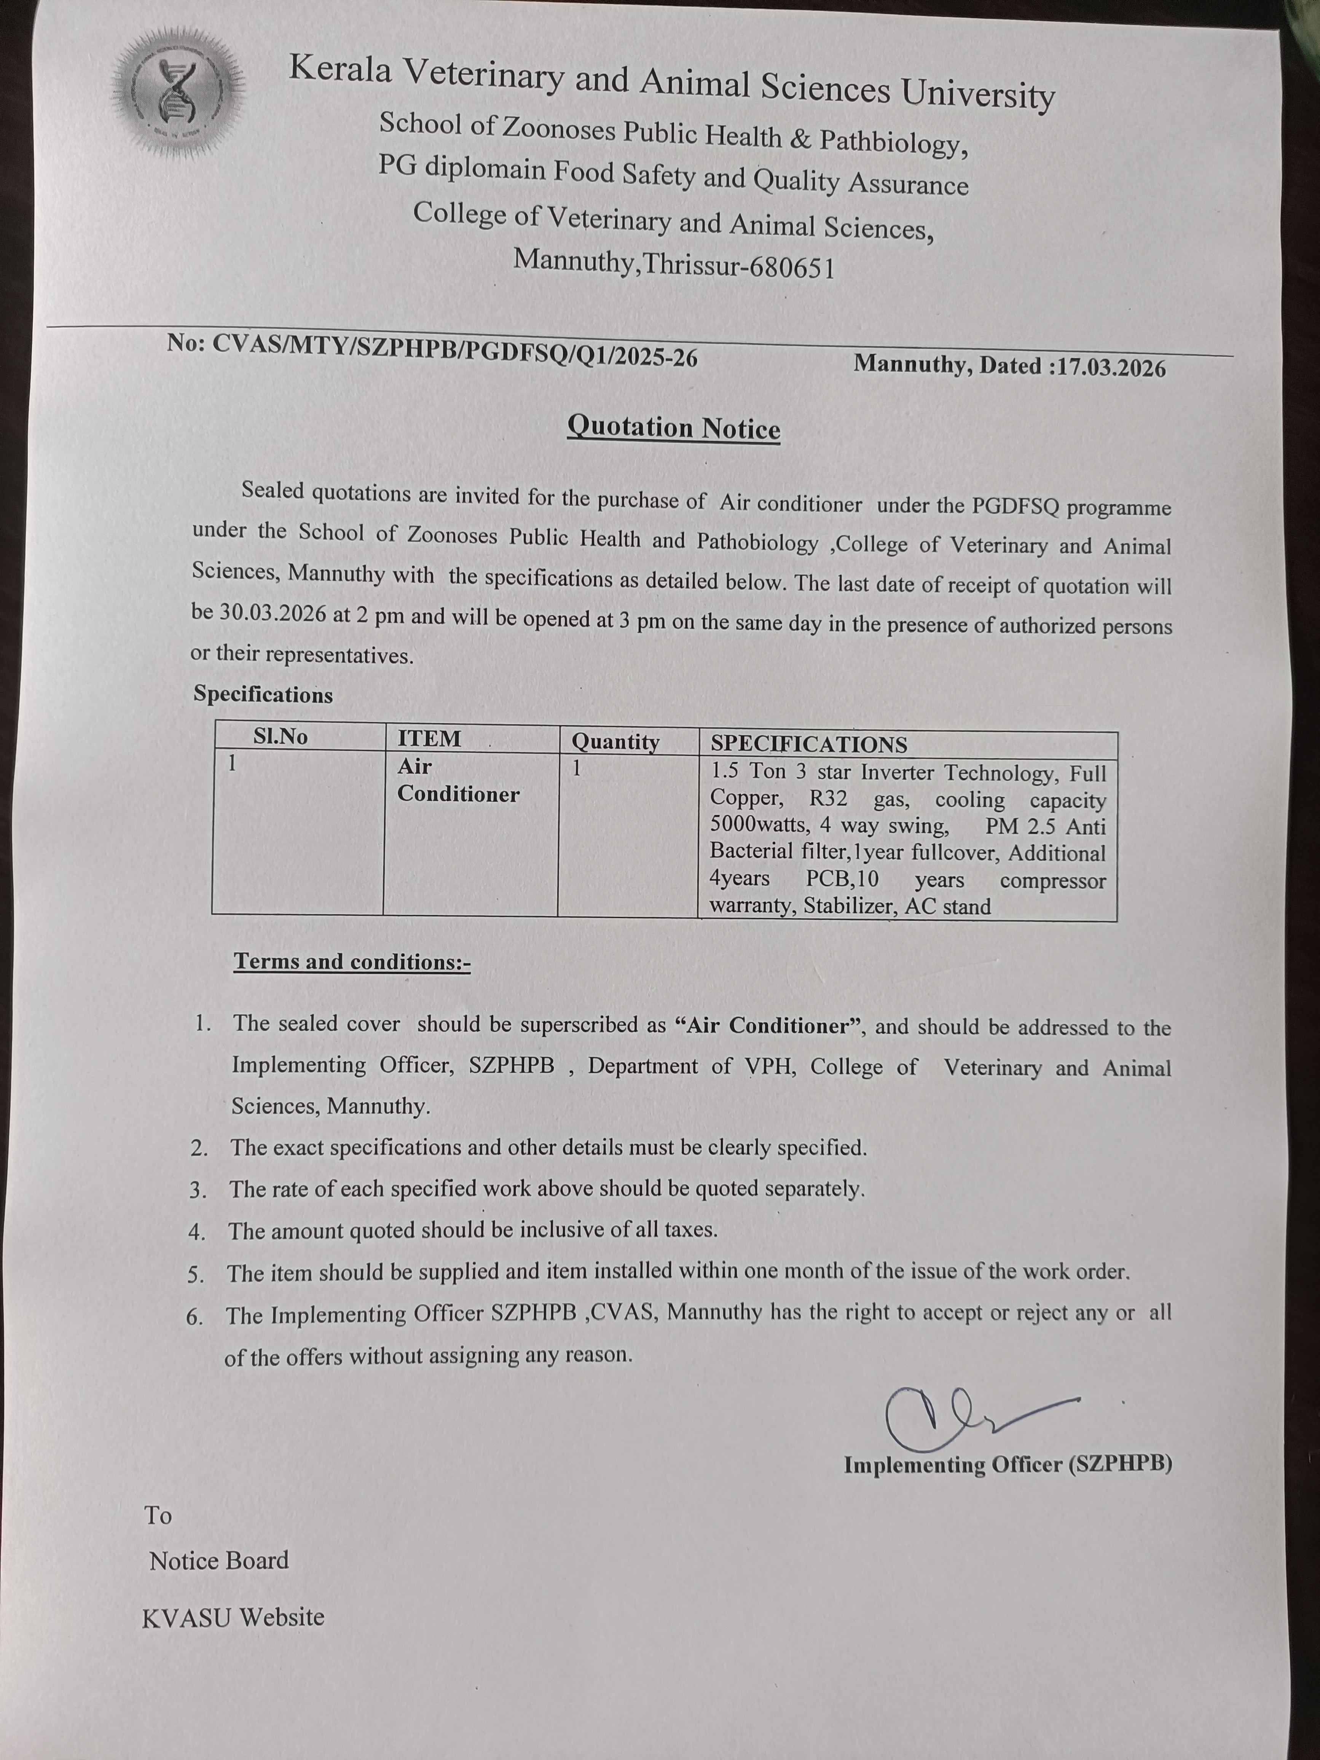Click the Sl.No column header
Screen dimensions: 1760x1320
(x=280, y=737)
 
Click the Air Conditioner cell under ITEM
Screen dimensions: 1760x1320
(x=458, y=781)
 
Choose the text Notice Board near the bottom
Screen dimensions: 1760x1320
(x=219, y=1560)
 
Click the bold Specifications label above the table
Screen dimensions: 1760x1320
(x=263, y=695)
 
